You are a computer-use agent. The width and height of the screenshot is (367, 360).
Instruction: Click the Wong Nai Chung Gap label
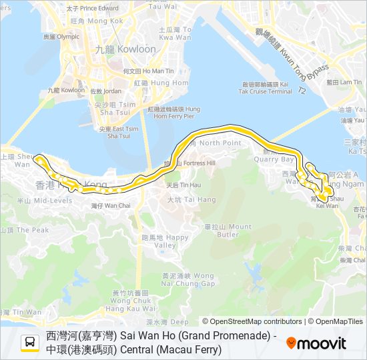[177, 279]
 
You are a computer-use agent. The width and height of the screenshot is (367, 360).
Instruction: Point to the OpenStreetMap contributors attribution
[252, 321]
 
